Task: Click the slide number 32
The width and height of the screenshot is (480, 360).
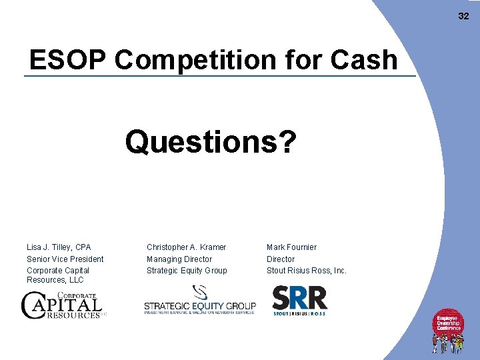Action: coord(463,16)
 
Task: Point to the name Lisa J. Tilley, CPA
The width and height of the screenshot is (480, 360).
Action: coord(59,247)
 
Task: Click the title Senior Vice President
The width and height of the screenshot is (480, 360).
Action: coord(65,259)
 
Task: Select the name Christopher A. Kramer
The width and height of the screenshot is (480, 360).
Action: coord(186,247)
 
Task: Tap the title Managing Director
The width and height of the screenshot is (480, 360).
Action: coord(179,259)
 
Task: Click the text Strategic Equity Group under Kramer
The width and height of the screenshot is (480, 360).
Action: coord(187,271)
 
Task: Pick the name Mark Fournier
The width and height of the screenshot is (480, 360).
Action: coord(291,247)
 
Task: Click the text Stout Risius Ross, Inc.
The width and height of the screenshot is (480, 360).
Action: coord(307,271)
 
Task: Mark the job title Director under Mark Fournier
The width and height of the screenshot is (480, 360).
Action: coord(281,259)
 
